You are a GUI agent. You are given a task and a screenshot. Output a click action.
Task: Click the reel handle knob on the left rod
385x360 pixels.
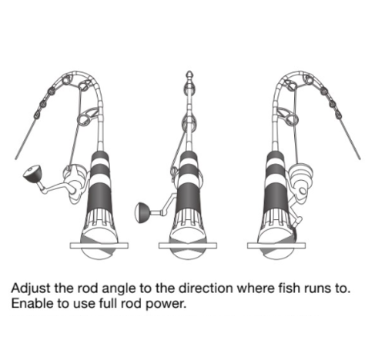(x=32, y=174)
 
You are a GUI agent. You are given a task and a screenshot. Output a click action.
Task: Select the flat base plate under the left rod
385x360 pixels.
(x=99, y=245)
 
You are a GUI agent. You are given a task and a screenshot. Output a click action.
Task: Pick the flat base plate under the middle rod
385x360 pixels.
(x=188, y=245)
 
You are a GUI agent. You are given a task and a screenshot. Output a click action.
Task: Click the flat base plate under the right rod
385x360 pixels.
(x=276, y=245)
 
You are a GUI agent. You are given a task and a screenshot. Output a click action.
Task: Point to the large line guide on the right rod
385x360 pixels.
(x=290, y=119)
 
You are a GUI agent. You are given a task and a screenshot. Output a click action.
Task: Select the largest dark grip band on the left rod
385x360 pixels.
(x=101, y=195)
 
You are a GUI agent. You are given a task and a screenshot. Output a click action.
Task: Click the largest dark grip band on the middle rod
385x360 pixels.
(x=189, y=195)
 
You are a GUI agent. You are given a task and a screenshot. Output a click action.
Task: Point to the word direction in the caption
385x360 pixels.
(x=206, y=288)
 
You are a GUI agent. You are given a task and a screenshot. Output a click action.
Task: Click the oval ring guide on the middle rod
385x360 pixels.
(x=189, y=123)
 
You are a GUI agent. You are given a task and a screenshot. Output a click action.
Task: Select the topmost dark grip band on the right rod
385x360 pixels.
(x=275, y=155)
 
